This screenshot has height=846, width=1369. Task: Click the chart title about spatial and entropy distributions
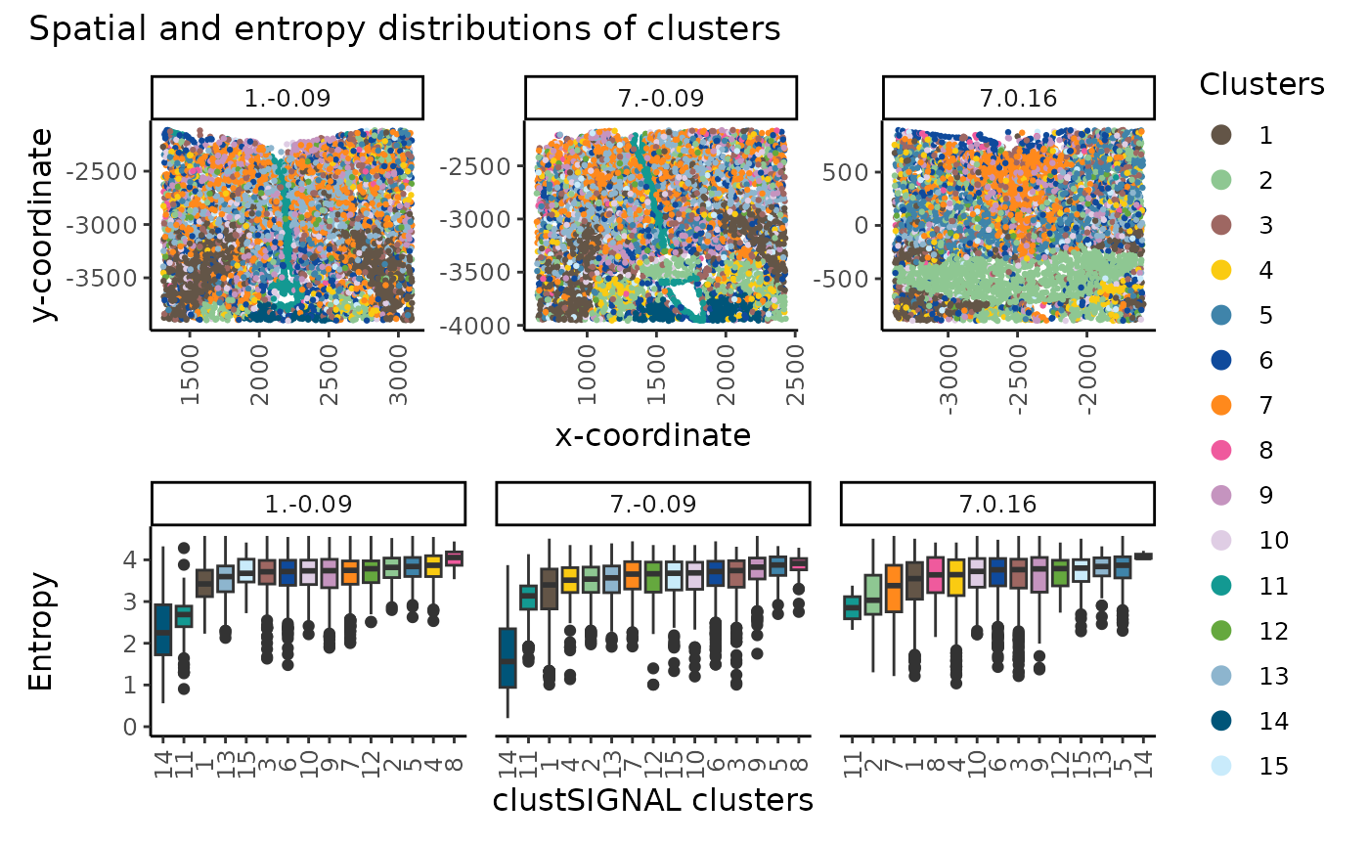pos(405,29)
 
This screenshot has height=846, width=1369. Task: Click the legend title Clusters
pos(1261,85)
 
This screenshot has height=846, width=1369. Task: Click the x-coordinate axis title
pos(652,434)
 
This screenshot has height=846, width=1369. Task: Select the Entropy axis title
pos(41,631)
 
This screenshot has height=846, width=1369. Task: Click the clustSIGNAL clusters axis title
pos(652,800)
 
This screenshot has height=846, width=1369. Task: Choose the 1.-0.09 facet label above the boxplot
pos(307,505)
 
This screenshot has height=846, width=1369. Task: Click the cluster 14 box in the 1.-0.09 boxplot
pos(163,631)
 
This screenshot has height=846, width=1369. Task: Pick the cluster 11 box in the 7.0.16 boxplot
pos(852,607)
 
